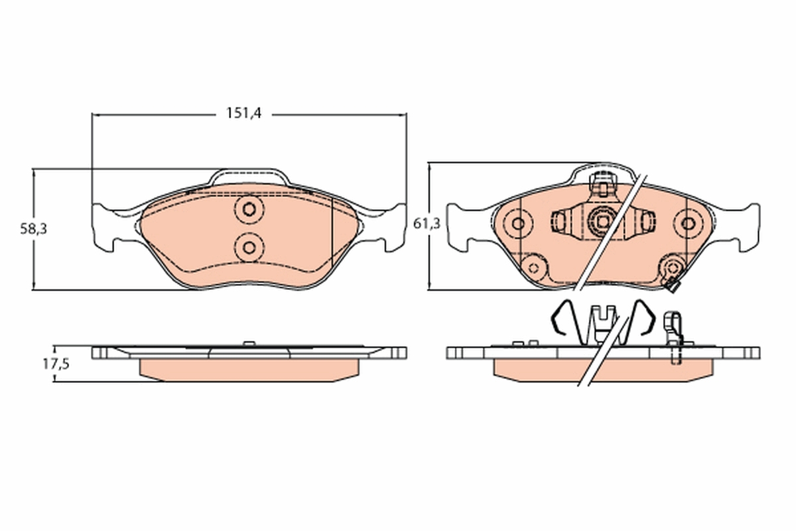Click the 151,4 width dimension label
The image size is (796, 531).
(244, 114)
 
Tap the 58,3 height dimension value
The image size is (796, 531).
(33, 230)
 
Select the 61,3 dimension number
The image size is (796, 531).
(427, 224)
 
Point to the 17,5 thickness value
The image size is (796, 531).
(56, 364)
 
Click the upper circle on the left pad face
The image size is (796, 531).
(249, 210)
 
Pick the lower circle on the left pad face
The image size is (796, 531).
(249, 248)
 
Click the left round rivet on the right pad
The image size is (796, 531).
(518, 224)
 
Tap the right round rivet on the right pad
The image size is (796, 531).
(689, 224)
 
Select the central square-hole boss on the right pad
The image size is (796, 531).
(604, 222)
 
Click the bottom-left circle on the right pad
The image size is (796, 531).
(533, 268)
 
